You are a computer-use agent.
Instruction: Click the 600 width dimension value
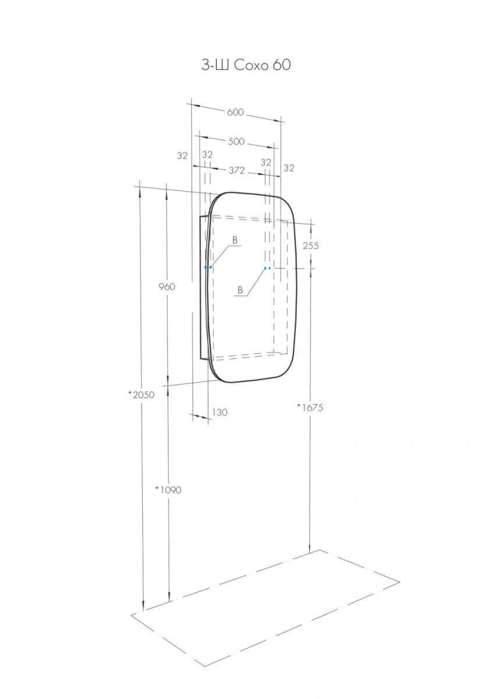[235, 112]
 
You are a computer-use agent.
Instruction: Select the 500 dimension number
[237, 142]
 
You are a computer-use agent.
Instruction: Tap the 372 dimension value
[237, 170]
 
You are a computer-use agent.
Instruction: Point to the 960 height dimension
[167, 287]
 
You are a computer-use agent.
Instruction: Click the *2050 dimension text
[142, 395]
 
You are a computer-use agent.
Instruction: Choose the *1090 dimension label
[168, 490]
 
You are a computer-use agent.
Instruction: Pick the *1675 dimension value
[310, 407]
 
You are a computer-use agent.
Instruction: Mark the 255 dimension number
[311, 246]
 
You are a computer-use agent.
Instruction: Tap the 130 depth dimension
[220, 412]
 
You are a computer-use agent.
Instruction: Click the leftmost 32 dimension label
[182, 156]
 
